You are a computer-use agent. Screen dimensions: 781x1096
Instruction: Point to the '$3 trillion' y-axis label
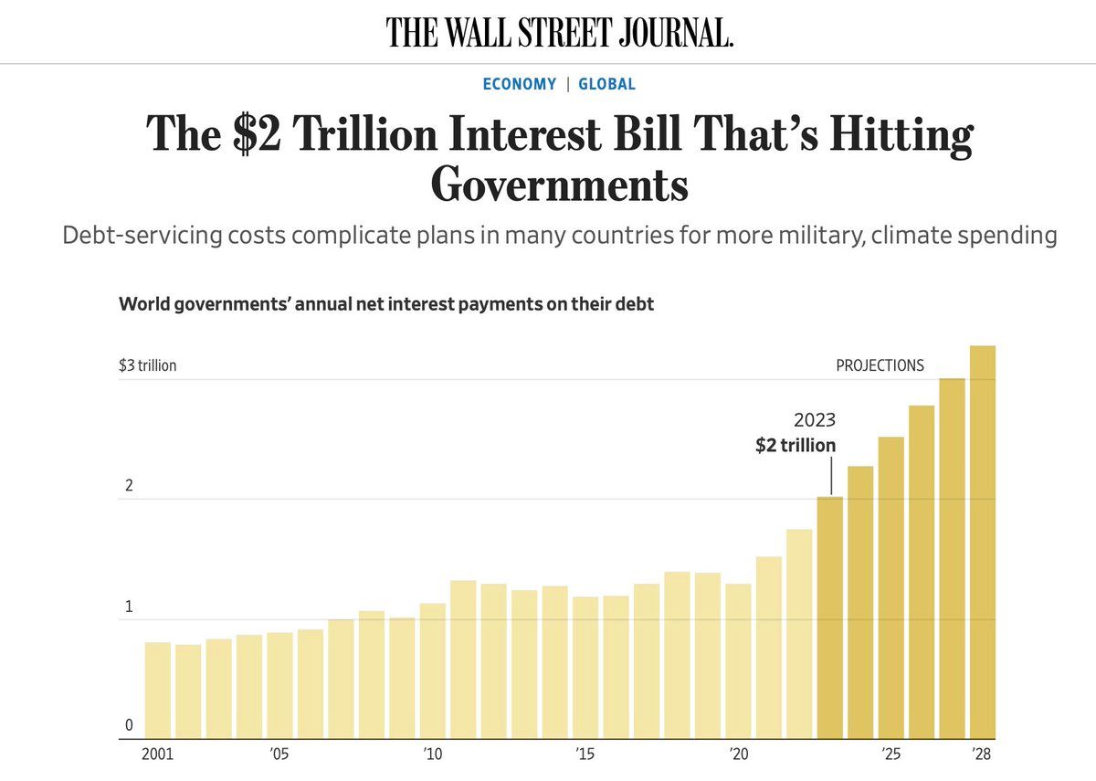tap(148, 365)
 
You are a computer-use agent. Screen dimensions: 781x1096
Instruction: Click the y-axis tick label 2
tap(129, 486)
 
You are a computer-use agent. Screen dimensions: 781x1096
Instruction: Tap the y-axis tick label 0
tap(129, 726)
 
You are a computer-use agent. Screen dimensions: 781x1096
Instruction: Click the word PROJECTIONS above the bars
tap(880, 365)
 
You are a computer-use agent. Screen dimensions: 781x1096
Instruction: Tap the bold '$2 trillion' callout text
tap(795, 446)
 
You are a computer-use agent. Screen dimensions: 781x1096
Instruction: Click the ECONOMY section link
tap(519, 84)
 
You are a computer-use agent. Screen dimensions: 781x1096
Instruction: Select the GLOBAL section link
tap(606, 84)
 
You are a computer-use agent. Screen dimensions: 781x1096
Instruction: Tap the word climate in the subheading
tap(907, 236)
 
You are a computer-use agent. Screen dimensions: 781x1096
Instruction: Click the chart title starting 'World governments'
tap(386, 304)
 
